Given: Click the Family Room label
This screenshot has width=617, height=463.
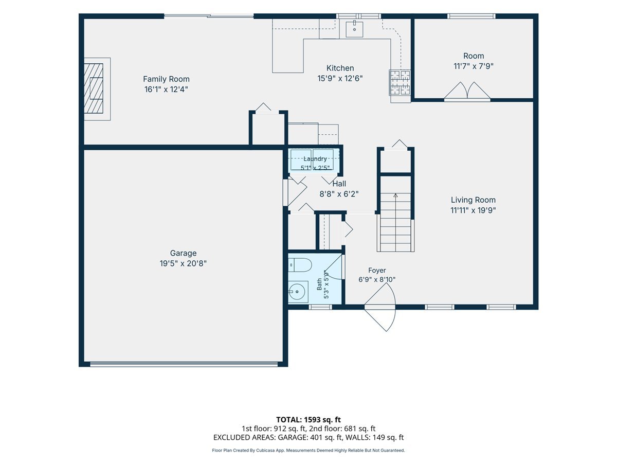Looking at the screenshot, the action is click(x=166, y=79).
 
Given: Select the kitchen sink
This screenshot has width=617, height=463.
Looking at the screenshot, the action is click(x=354, y=29).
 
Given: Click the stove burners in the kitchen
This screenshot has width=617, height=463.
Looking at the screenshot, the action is click(x=400, y=82).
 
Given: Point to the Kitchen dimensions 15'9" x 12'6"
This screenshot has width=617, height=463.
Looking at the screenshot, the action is click(x=340, y=78).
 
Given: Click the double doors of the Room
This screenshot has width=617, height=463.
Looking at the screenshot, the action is click(x=467, y=91).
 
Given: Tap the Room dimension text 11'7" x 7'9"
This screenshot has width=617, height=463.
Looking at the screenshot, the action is click(x=474, y=66).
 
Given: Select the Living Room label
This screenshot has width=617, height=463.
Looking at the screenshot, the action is click(x=474, y=200).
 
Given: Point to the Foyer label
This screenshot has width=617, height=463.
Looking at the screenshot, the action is click(x=377, y=270).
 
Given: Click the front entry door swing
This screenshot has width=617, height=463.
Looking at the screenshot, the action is click(x=380, y=307).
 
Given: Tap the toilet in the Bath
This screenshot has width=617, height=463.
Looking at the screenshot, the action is click(x=300, y=265).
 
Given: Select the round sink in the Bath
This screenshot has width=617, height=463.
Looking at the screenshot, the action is click(x=297, y=292).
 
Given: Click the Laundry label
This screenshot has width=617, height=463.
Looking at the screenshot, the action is click(x=315, y=159).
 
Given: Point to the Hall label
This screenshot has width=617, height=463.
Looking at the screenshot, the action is click(x=339, y=184).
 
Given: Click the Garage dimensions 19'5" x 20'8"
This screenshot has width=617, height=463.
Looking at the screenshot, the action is click(x=183, y=263).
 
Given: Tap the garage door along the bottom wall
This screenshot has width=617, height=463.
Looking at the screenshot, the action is click(x=184, y=364).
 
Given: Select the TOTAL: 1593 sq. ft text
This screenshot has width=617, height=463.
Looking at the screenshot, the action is click(x=308, y=420).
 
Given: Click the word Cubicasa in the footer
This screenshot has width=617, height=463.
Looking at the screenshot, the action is click(x=267, y=450).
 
